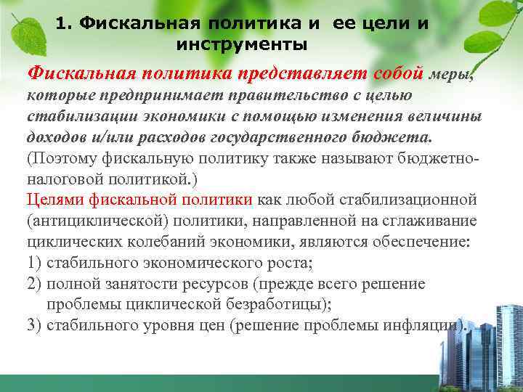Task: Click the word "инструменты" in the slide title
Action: (x=242, y=45)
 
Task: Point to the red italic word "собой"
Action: (x=397, y=73)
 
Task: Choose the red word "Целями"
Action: (x=52, y=199)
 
